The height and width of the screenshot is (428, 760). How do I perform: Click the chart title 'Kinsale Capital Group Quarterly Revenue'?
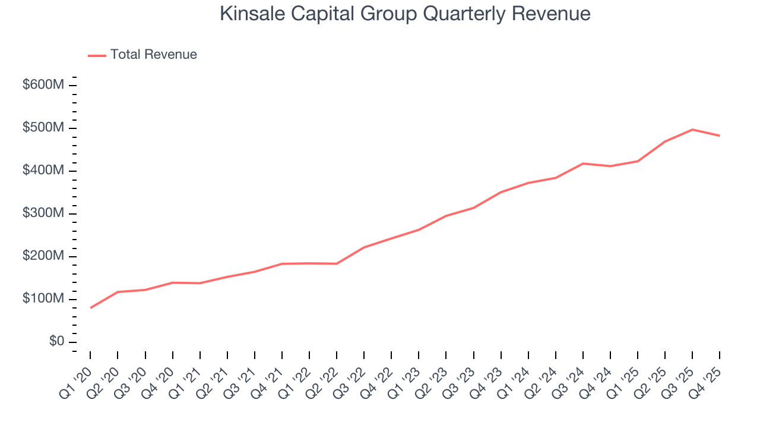pos(405,14)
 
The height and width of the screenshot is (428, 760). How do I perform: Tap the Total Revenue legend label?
pos(153,55)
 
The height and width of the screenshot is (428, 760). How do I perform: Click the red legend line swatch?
pos(97,55)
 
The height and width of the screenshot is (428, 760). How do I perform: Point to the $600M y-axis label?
pos(43,85)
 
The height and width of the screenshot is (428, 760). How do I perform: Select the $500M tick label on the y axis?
pos(43,128)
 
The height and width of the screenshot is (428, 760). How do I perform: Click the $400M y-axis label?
pos(43,171)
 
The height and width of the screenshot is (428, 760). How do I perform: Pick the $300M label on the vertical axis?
pos(43,213)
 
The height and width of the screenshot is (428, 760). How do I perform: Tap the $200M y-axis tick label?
pos(43,256)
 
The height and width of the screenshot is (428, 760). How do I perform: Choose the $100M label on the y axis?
pos(43,299)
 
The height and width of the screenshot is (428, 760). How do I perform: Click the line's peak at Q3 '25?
pos(692,130)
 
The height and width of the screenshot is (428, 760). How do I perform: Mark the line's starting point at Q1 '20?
pos(90,308)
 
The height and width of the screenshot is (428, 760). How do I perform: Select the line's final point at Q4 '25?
pos(720,136)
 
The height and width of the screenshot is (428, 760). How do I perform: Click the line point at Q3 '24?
pos(583,163)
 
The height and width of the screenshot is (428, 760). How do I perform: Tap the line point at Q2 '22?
pos(337,263)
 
